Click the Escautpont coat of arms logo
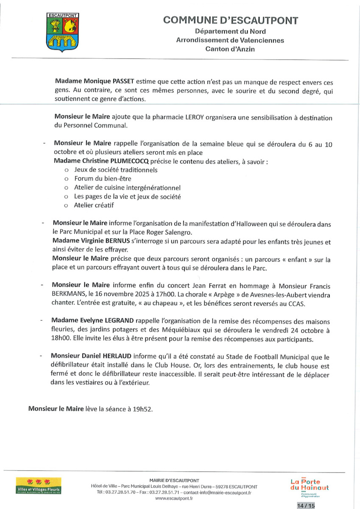pos(62,32)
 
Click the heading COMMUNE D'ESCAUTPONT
pos(230,20)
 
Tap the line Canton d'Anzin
pos(230,49)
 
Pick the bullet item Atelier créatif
pos(94,205)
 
